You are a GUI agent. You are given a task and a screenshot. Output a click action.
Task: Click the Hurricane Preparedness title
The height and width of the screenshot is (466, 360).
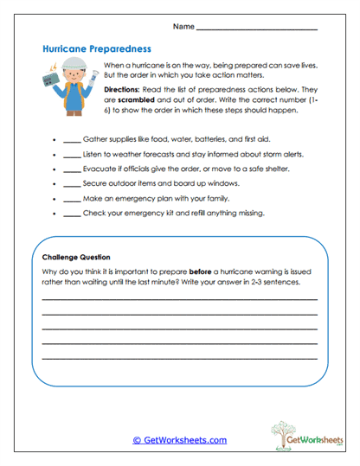[x=97, y=50]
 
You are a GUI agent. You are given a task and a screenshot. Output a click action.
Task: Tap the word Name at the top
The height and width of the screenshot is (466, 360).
[x=183, y=27]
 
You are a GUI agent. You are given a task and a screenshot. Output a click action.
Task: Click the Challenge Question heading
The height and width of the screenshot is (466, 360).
[x=76, y=257]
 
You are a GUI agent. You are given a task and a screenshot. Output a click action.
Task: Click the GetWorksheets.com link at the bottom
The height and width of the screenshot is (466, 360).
[x=179, y=440]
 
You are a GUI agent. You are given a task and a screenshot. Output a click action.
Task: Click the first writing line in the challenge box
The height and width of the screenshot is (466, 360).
[x=179, y=298]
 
